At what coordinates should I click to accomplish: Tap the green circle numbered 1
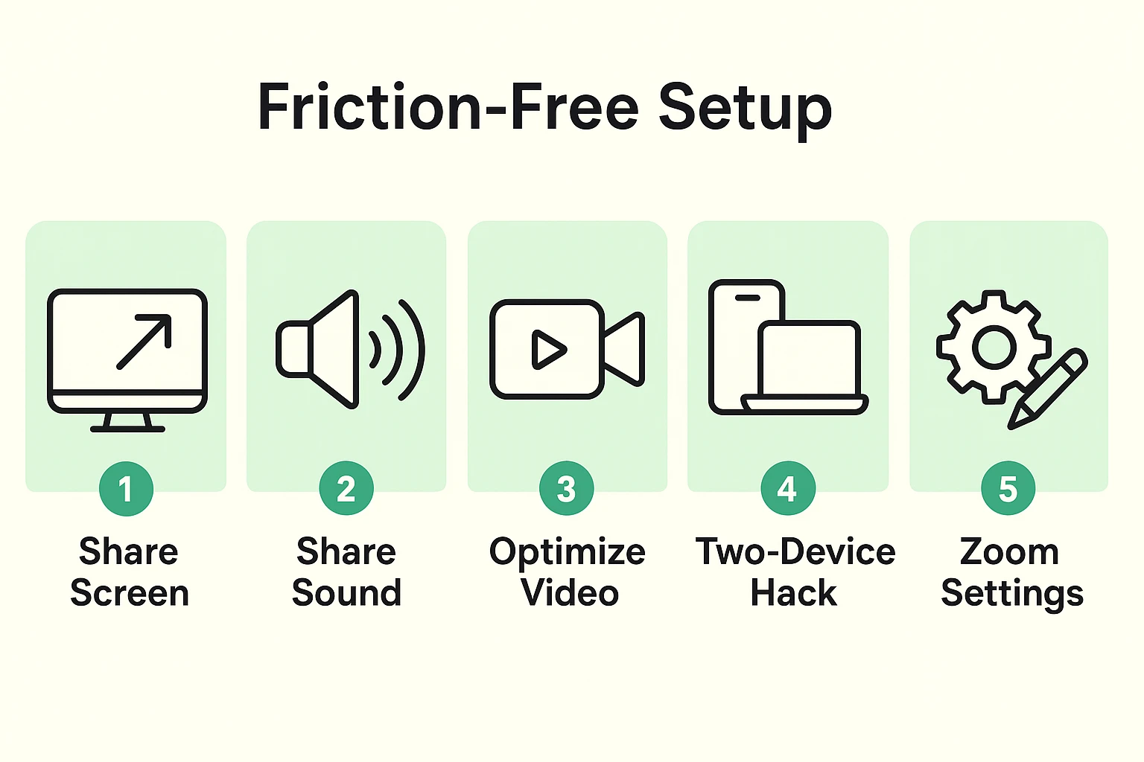click(x=126, y=489)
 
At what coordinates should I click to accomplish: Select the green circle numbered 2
click(x=346, y=489)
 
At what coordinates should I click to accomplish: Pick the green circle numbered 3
click(x=567, y=489)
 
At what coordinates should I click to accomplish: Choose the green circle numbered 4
click(x=787, y=489)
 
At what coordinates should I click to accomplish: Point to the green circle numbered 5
click(x=1008, y=489)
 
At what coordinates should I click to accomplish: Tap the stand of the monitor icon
click(x=127, y=422)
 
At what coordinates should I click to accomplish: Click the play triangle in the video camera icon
click(x=548, y=349)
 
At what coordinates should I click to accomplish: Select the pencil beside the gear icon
click(x=1049, y=388)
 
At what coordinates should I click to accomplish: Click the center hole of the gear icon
click(x=994, y=347)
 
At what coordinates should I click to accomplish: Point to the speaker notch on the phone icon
click(x=747, y=298)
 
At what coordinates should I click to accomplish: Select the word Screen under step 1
click(x=130, y=593)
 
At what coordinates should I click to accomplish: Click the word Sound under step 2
click(x=346, y=593)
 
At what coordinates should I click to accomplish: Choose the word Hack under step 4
click(x=793, y=593)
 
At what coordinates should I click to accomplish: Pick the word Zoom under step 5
click(x=1009, y=552)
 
